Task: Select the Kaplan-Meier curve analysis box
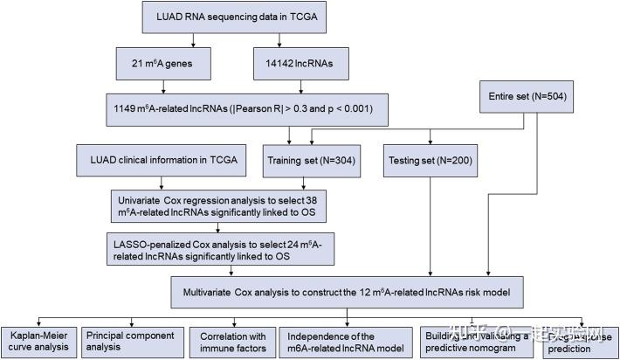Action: coord(38,341)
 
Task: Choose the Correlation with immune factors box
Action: coord(231,341)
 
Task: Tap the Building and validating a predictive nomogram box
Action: coord(476,341)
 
